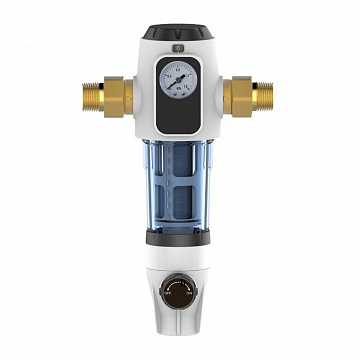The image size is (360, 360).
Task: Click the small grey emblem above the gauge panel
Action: pos(180,47)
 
